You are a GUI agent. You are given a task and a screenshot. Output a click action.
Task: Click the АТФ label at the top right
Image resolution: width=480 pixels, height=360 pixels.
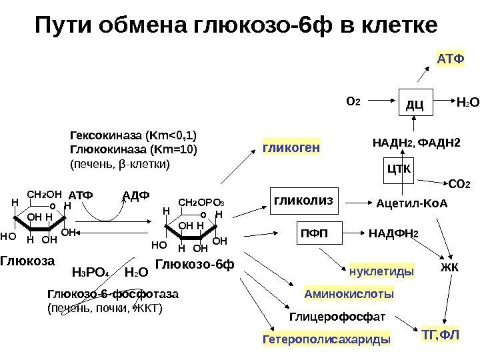click(449, 60)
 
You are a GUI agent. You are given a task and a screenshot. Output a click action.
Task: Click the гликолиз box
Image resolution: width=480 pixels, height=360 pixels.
click(303, 199)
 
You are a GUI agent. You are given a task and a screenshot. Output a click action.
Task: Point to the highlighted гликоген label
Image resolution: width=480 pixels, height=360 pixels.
click(292, 146)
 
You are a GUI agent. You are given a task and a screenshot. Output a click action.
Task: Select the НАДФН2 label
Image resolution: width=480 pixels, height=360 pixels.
click(394, 233)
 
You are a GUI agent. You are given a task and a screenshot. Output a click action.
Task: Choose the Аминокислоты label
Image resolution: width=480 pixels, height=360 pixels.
click(349, 293)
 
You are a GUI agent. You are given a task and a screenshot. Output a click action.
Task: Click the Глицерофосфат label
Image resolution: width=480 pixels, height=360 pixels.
click(337, 316)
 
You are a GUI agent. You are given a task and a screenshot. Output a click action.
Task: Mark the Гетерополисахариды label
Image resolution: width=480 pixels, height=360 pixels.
click(327, 340)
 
